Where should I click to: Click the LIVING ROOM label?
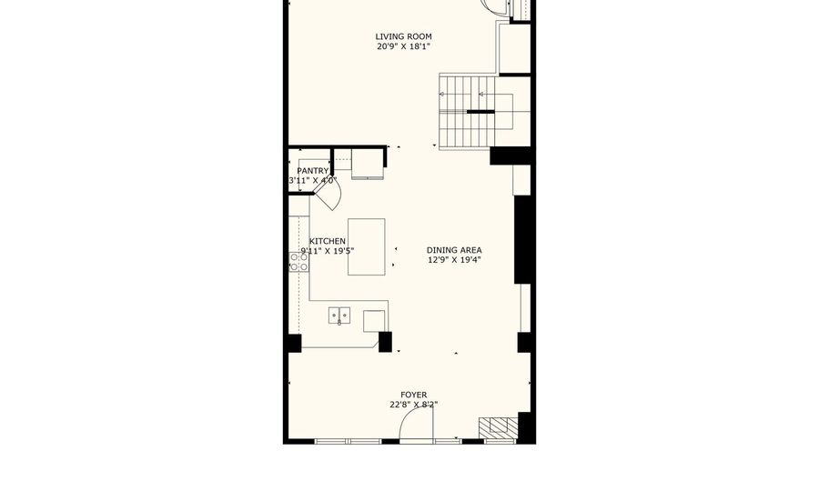pos(403,37)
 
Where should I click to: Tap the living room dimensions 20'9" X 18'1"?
pos(403,47)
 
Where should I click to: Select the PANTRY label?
pos(312,171)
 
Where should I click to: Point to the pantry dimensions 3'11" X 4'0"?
pos(312,181)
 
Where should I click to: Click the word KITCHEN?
pos(327,241)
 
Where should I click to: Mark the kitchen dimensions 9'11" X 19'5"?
pos(327,251)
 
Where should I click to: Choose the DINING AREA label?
pos(454,250)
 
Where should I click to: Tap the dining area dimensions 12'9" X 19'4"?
pos(454,260)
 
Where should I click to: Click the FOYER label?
pos(413,395)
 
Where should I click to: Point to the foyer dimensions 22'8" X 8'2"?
pos(413,405)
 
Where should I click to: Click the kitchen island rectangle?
pos(366,246)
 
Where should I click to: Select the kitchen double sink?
pos(339,316)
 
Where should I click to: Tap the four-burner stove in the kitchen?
pos(298,262)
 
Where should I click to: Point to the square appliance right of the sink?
pos(374,320)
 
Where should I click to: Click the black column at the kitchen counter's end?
pos(385,343)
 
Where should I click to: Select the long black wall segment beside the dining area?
pos(523,240)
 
